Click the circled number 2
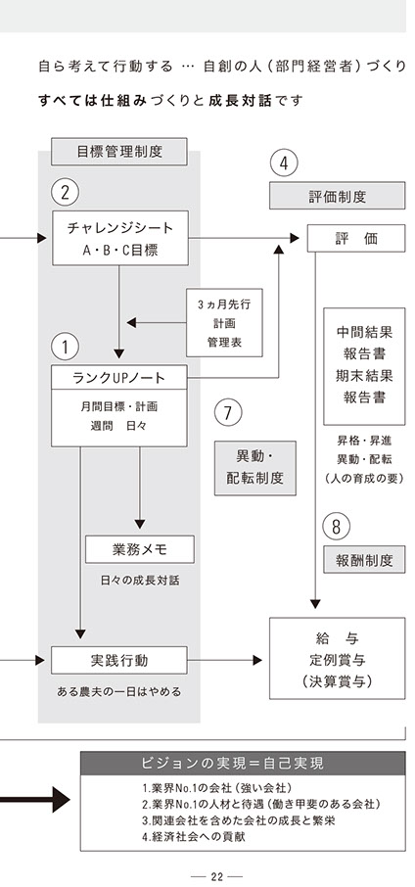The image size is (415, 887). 65,193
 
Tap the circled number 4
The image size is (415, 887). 284,163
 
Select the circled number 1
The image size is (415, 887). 65,348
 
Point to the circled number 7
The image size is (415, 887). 228,412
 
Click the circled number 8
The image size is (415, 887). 337,527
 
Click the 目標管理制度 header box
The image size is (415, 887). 119,152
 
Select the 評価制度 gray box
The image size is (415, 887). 337,196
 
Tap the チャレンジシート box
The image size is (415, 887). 120,238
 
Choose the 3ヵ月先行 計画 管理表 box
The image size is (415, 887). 224,322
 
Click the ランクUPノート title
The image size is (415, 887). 118,377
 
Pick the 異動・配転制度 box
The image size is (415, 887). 255,468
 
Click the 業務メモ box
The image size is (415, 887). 140,549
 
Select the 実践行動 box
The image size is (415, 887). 119,660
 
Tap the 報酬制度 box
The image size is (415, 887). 364,559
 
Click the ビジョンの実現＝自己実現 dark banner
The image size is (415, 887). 243,763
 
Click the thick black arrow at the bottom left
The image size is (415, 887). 35,800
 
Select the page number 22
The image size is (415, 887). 216,877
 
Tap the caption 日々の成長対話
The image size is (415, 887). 140,581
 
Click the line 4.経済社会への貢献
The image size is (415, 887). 194,837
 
